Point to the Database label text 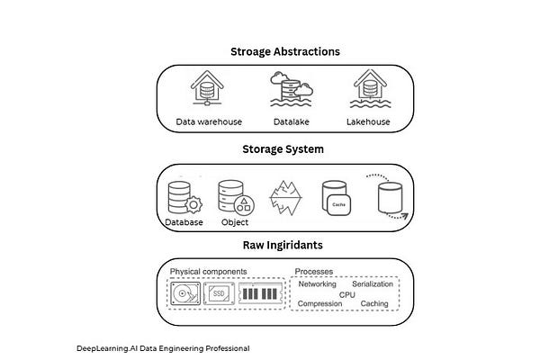point(184,221)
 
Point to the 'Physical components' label point(206,271)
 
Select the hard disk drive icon point(186,293)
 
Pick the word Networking point(318,283)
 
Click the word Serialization point(373,283)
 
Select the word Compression point(319,303)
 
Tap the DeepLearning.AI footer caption point(163,347)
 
